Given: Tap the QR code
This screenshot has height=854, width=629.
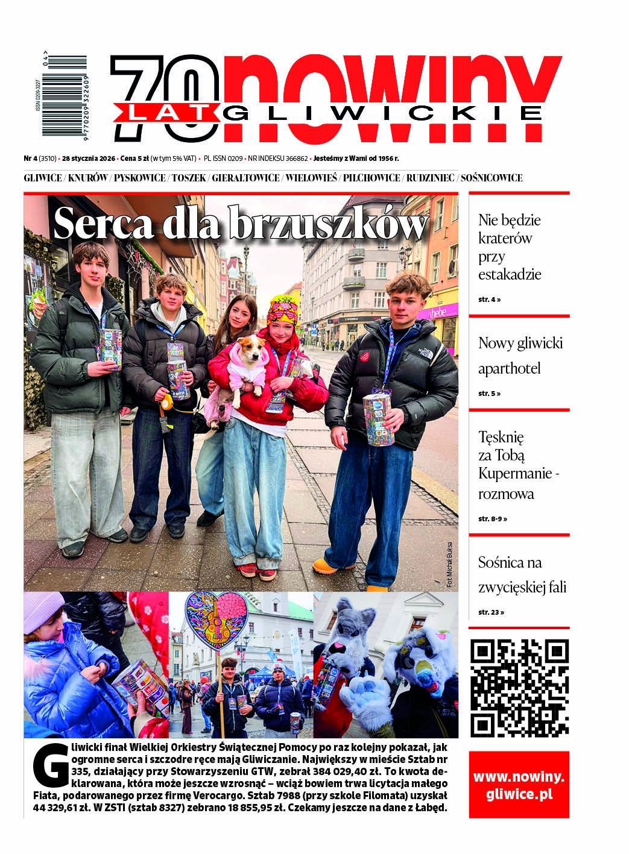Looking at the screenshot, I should (519, 687).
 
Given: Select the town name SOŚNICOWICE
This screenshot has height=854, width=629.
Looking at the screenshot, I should (491, 178).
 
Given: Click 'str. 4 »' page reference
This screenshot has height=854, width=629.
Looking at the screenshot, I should (489, 299).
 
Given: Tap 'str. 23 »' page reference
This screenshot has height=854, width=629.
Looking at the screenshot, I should (491, 612).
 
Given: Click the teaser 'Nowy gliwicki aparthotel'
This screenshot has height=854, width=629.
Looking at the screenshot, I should (520, 356).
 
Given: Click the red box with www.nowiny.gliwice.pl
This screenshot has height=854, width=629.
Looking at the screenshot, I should (519, 785).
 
